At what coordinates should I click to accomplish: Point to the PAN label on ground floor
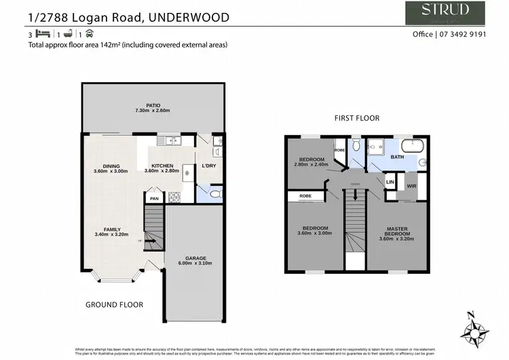click(154, 198)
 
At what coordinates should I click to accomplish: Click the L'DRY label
click(208, 166)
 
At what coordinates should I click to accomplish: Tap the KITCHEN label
click(162, 166)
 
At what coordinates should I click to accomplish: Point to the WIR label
click(411, 185)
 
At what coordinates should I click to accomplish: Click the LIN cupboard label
click(390, 182)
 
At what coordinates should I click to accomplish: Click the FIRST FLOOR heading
click(356, 118)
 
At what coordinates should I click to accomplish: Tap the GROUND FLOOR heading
click(114, 305)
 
